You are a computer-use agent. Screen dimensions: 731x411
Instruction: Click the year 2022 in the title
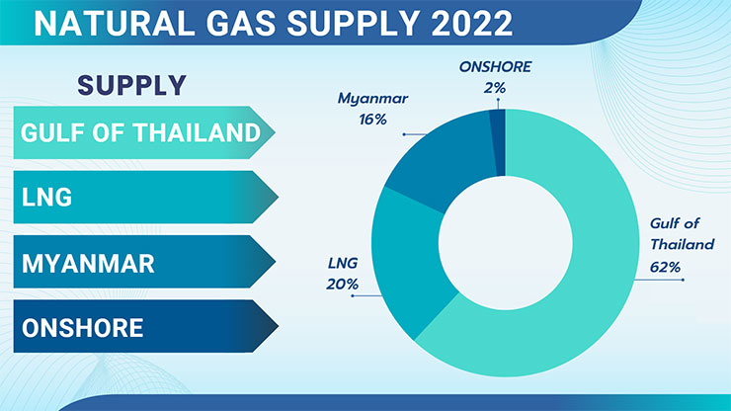(x=471, y=23)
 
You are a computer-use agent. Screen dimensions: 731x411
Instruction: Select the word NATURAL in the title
(x=114, y=23)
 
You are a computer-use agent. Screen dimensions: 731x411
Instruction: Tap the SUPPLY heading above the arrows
(x=132, y=85)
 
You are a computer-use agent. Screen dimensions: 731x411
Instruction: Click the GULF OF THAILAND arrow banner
(x=144, y=132)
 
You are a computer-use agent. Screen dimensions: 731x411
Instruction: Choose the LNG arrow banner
(x=145, y=197)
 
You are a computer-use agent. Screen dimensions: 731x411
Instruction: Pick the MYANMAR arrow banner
(x=144, y=261)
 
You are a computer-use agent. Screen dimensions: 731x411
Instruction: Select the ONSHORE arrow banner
(x=145, y=326)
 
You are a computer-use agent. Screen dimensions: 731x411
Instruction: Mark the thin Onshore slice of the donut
(x=498, y=142)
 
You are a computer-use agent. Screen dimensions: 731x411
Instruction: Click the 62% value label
(x=665, y=267)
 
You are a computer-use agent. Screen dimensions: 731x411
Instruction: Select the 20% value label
(x=342, y=284)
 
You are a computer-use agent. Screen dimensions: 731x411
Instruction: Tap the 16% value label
(x=373, y=120)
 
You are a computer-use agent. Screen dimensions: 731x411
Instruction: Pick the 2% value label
(x=495, y=88)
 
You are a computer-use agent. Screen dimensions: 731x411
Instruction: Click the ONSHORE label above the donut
(x=495, y=67)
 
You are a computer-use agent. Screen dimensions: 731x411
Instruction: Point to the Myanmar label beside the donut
(x=373, y=99)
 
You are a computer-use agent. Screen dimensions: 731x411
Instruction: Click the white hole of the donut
(x=506, y=243)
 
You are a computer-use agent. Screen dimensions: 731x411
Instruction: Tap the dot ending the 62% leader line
(x=683, y=280)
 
